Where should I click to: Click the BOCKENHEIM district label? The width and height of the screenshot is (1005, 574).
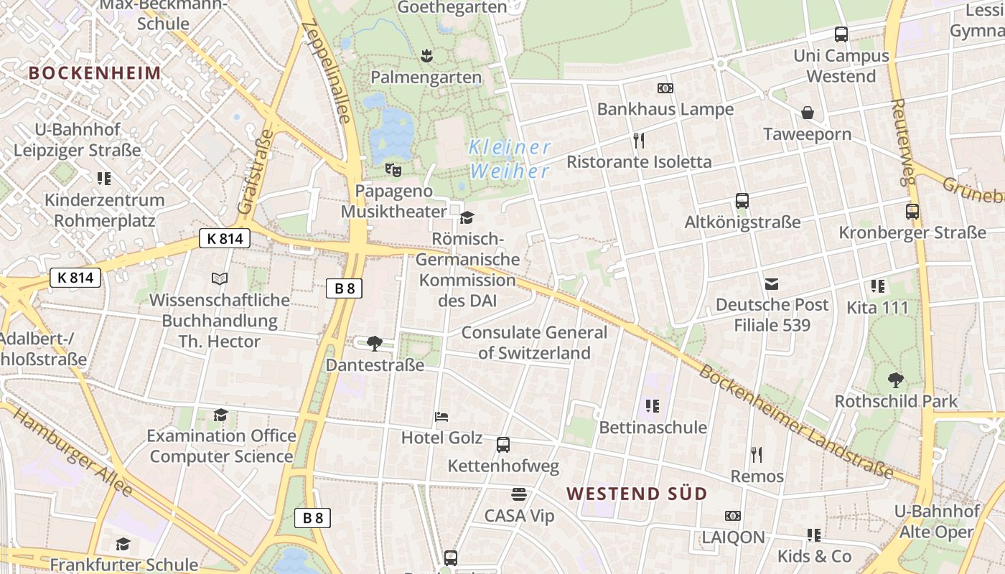[95, 72]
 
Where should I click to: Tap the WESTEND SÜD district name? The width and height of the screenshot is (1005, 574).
[637, 494]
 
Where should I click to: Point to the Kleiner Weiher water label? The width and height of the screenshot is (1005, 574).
[509, 159]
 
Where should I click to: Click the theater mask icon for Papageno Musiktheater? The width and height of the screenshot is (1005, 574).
[393, 169]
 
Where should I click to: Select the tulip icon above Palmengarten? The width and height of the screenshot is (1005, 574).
[426, 55]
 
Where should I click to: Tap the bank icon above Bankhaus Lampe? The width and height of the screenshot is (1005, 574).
[665, 88]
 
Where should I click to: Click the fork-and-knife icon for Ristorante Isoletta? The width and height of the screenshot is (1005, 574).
[639, 140]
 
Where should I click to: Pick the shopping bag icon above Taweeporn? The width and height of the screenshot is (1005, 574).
[808, 113]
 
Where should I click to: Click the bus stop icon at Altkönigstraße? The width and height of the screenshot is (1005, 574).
[742, 201]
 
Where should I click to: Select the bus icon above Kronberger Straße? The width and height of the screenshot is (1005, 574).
[912, 212]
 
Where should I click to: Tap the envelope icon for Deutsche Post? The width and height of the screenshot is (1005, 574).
[772, 284]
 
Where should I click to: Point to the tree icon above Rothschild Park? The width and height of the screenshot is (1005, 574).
[895, 380]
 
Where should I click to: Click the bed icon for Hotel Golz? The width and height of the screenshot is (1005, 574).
[441, 416]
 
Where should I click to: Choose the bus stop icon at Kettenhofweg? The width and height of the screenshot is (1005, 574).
[503, 445]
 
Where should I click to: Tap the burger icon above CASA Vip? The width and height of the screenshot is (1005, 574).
[519, 494]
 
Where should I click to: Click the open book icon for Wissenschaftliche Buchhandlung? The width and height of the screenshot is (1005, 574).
[220, 278]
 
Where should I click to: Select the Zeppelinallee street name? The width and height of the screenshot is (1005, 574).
[327, 72]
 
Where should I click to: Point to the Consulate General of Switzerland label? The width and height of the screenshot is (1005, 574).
[534, 342]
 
